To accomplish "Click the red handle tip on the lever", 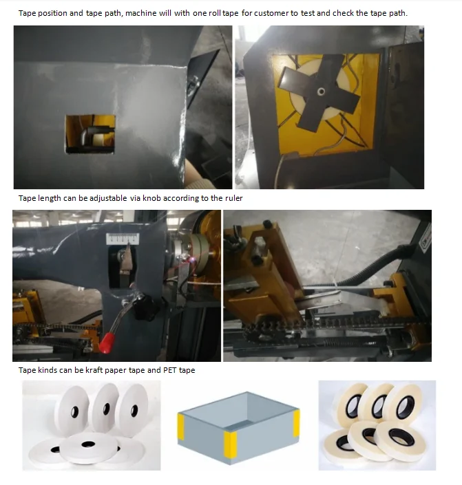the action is (x=106, y=343).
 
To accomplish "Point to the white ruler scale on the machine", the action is (x=123, y=239).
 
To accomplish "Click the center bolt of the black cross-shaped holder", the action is (x=322, y=91).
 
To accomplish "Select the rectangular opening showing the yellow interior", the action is (x=90, y=134).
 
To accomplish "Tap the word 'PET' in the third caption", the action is (x=170, y=370).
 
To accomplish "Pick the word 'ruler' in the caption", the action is (x=234, y=198).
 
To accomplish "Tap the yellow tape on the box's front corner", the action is (x=230, y=444).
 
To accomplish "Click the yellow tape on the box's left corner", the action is (x=181, y=427).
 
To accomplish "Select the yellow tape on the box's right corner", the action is (x=296, y=423).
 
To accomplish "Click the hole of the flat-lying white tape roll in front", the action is (x=88, y=444).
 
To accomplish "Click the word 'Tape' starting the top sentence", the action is (x=27, y=13).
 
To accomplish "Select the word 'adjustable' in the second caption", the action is (x=108, y=198).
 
